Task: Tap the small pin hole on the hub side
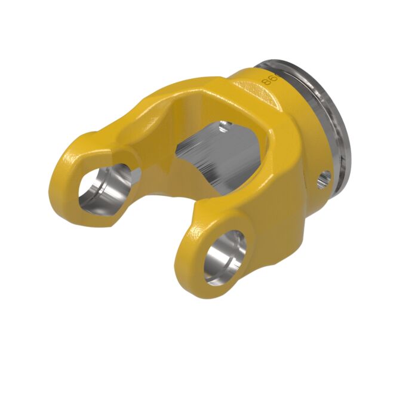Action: [325, 177]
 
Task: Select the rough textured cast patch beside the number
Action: [251, 90]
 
